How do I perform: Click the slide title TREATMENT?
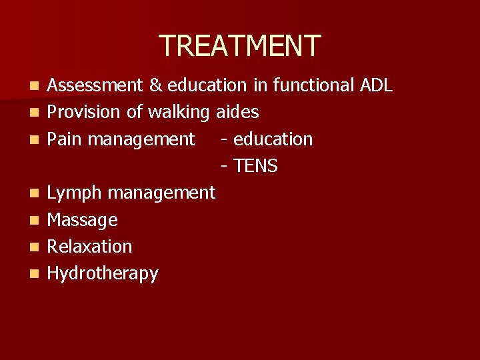click(x=240, y=45)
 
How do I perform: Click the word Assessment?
click(x=95, y=85)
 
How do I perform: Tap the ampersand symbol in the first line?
click(x=155, y=85)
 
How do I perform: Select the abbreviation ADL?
click(x=376, y=85)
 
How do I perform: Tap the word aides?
click(x=237, y=112)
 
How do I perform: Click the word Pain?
click(x=65, y=139)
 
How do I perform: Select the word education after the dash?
click(x=273, y=139)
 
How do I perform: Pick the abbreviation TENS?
click(x=255, y=166)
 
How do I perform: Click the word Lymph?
click(x=75, y=193)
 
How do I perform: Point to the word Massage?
click(x=83, y=220)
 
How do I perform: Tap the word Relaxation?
click(x=90, y=247)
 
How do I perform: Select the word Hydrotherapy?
click(x=103, y=274)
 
